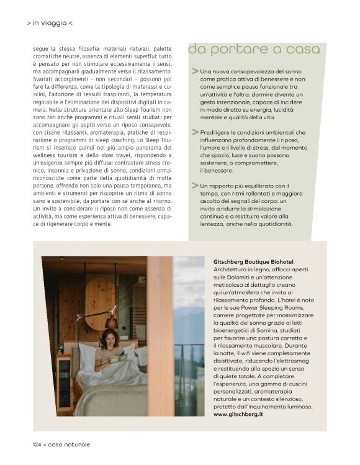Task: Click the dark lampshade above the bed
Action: (112, 322)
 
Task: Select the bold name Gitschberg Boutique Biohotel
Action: (253, 262)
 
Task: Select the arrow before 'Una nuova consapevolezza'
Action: (196, 71)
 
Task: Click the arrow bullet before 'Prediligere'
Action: (196, 132)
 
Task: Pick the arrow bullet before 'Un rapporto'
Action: (196, 185)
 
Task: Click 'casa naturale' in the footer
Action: (70, 445)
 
